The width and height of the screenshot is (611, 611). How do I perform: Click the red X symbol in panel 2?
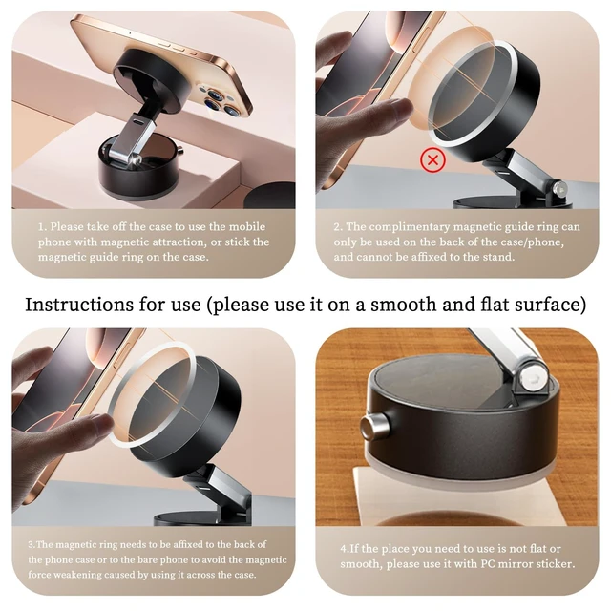click(432, 159)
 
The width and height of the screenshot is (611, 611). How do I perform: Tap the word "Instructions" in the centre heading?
click(79, 305)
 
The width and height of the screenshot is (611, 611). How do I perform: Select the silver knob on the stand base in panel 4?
click(375, 427)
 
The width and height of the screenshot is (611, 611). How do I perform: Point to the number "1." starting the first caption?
click(42, 227)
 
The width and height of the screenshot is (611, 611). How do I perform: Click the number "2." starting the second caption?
click(338, 227)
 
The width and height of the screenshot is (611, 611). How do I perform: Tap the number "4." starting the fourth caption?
click(344, 549)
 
